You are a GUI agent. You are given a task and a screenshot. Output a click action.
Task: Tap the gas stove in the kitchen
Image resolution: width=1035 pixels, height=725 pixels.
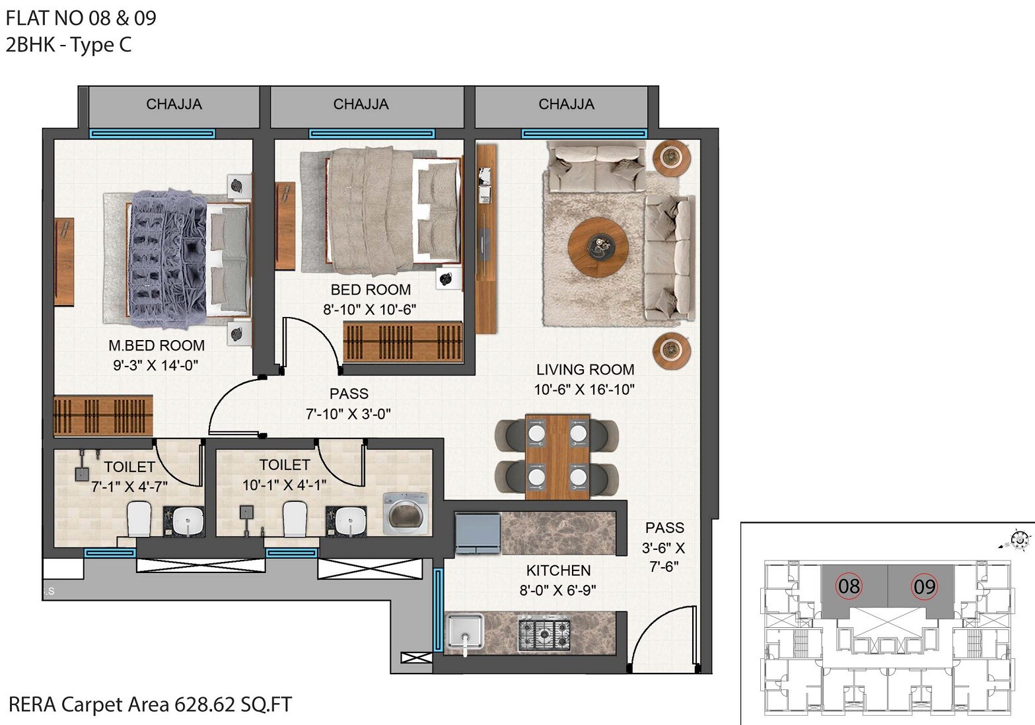(x=544, y=634)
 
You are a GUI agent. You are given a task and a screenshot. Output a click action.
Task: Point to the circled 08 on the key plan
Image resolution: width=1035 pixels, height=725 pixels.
(x=849, y=586)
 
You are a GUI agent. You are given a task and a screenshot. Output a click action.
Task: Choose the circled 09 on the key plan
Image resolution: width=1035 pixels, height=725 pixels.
(x=924, y=586)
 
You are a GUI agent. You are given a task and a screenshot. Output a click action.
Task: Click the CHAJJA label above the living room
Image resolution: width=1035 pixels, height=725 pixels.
(x=566, y=104)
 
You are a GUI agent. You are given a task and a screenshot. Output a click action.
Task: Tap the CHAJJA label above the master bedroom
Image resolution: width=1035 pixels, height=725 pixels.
(x=174, y=104)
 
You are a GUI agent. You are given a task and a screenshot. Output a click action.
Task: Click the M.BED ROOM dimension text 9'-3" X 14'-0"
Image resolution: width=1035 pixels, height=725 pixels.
(x=156, y=365)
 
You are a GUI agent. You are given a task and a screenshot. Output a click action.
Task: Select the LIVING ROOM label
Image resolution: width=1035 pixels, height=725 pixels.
(x=585, y=370)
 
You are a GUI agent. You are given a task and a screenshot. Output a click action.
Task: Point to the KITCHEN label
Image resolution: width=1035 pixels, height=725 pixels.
(x=558, y=570)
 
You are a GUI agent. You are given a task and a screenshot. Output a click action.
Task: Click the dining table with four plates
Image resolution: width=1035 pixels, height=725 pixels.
(x=557, y=456)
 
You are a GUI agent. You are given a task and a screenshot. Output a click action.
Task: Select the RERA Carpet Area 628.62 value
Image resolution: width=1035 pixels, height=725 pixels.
(x=204, y=705)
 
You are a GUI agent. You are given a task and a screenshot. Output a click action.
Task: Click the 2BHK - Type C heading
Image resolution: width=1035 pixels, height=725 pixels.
(x=69, y=45)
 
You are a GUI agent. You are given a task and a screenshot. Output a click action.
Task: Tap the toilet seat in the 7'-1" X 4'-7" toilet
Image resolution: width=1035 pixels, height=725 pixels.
(x=139, y=519)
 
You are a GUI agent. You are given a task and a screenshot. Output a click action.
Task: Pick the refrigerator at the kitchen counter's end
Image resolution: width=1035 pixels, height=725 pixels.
(x=478, y=533)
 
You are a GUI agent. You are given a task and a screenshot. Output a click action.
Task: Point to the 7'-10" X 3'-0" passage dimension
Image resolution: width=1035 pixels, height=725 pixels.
(x=348, y=414)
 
